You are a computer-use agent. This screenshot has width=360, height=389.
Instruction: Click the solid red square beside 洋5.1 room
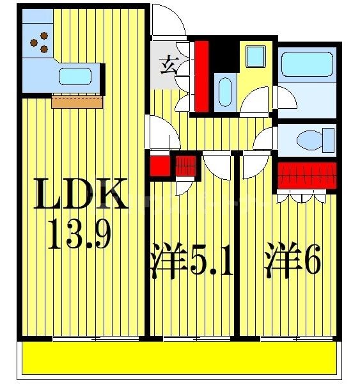[x=157, y=166]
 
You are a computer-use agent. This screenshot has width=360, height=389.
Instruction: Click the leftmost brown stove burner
[x=33, y=44]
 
